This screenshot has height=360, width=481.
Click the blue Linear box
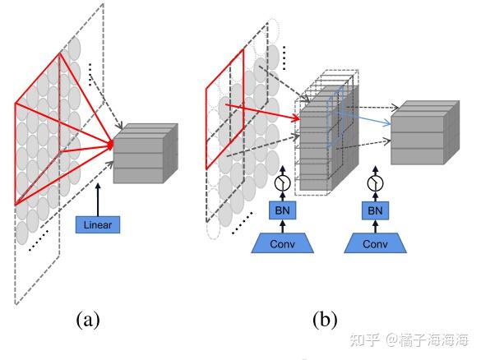click(97, 223)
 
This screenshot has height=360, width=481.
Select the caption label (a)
click(88, 319)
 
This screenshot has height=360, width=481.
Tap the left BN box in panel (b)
click(281, 210)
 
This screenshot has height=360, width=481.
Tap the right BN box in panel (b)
click(376, 210)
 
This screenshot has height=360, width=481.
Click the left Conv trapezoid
click(281, 242)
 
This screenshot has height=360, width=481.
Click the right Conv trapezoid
click(376, 242)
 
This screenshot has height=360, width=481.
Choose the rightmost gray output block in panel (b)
click(423, 136)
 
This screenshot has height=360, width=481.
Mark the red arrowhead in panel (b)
click(295, 118)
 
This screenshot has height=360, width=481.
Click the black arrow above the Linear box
click(97, 197)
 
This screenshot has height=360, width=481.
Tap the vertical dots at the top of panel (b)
click(284, 56)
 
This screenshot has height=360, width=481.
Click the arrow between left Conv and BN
click(281, 226)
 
